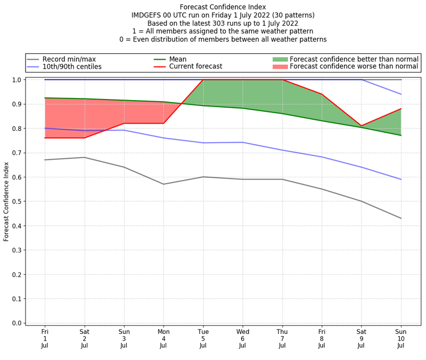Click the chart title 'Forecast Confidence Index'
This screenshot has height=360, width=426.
(223, 7)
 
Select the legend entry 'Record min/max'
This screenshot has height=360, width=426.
(69, 59)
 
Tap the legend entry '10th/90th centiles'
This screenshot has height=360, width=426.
(72, 67)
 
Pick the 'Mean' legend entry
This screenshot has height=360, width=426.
(178, 59)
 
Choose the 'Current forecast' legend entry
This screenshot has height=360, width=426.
(195, 67)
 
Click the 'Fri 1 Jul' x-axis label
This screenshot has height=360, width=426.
(45, 338)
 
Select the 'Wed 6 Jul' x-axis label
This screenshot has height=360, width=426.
(243, 338)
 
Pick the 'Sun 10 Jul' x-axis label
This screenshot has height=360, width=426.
(401, 338)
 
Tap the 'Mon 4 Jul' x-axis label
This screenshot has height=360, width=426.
(163, 338)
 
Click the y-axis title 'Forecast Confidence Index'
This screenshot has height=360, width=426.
(6, 201)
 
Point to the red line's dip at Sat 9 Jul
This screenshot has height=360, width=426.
(362, 126)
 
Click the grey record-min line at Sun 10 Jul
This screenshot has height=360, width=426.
(401, 218)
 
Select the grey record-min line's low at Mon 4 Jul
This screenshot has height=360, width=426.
(163, 184)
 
